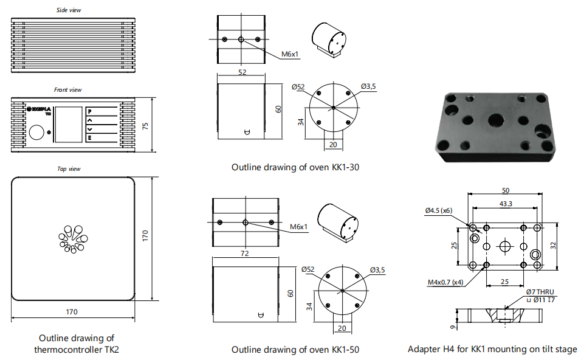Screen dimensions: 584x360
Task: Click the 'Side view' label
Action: pyautogui.click(x=69, y=10)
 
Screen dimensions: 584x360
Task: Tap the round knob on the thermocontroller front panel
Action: pyautogui.click(x=36, y=133)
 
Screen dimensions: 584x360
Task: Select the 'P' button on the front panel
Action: pyautogui.click(x=90, y=111)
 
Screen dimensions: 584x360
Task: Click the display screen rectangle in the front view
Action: pyautogui.click(x=69, y=125)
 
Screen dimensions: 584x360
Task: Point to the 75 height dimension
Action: pyautogui.click(x=145, y=126)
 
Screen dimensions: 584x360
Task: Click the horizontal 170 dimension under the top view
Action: pyautogui.click(x=72, y=312)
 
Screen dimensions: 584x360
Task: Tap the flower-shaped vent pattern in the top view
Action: pyautogui.click(x=73, y=239)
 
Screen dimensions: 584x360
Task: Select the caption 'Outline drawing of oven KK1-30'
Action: pyautogui.click(x=295, y=167)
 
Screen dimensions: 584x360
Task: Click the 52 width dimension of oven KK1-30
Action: pyautogui.click(x=242, y=72)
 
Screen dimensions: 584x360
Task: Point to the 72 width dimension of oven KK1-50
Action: pyautogui.click(x=244, y=254)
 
